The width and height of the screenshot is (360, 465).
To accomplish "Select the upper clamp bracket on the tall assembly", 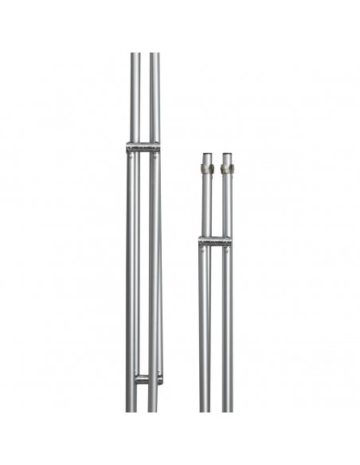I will click(x=143, y=147).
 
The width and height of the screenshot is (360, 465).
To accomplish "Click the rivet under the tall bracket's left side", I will click(x=131, y=157).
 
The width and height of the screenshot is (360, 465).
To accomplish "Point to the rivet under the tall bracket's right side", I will click(x=155, y=157).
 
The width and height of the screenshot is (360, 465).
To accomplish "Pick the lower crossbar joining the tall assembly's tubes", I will click(x=147, y=378).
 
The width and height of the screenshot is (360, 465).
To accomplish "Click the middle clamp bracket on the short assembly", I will click(x=216, y=241).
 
